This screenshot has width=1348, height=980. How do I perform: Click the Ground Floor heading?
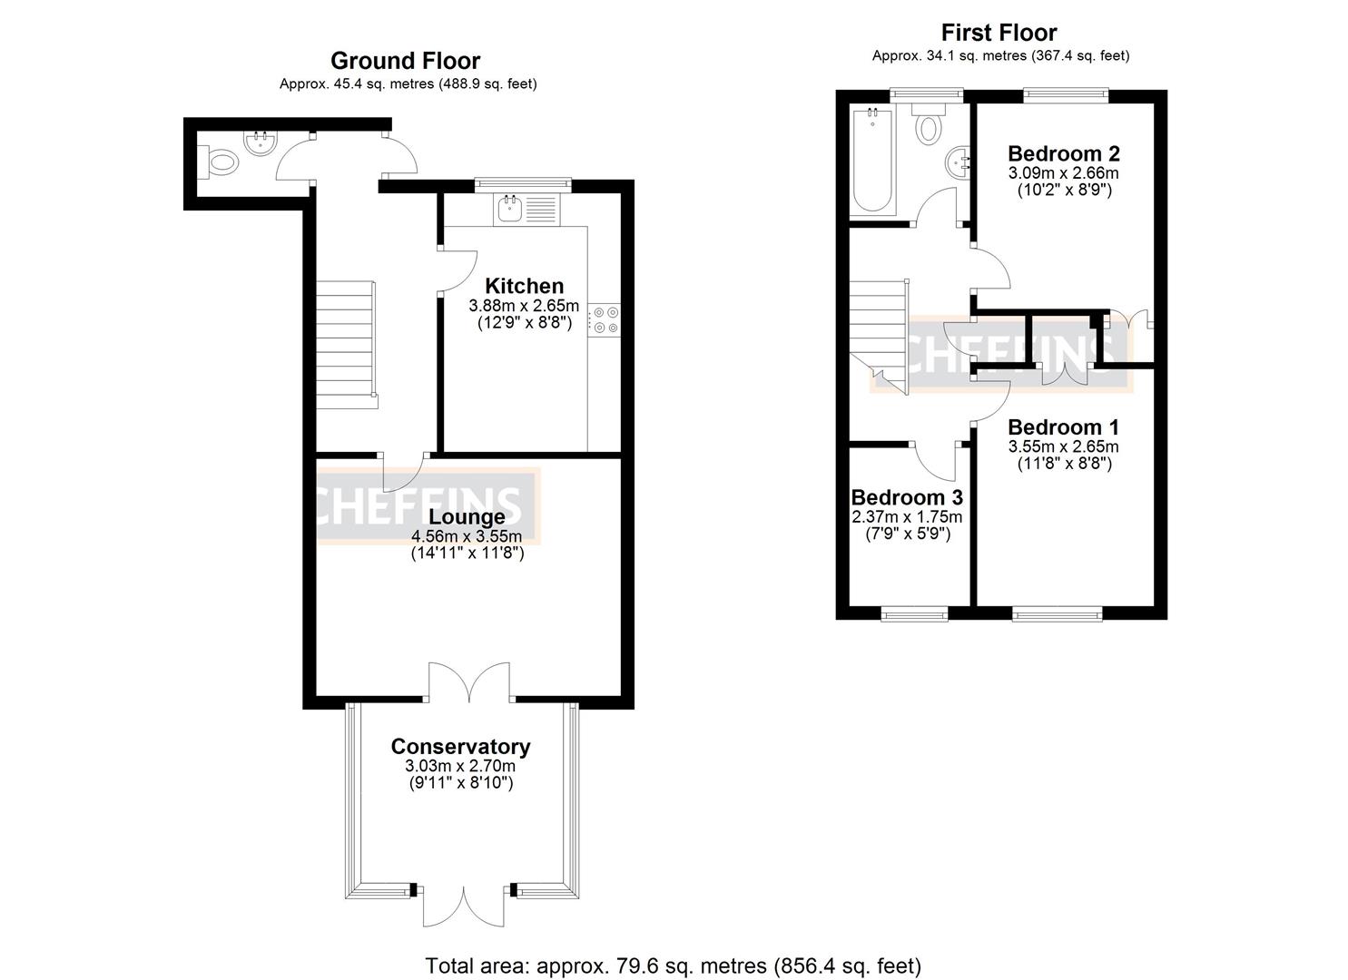pos(405,61)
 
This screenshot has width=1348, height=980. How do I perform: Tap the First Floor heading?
pos(999,33)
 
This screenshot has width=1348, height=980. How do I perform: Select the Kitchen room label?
pos(524,286)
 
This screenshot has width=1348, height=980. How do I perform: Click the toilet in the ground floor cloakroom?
pos(221,163)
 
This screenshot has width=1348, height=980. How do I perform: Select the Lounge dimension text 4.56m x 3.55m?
pos(467,535)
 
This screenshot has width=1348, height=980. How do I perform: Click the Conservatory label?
pos(460,746)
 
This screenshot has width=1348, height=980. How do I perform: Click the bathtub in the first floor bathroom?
pos(872,160)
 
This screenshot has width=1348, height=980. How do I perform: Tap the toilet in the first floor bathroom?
pos(928,125)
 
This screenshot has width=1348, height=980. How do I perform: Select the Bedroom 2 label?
pos(1063,152)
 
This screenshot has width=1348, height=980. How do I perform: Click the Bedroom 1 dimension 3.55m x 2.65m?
pos(1063,446)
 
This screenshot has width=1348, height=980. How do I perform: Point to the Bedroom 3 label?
pos(906,497)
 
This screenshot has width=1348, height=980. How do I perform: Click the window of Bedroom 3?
pos(914,614)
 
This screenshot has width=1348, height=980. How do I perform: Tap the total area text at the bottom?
pos(674,965)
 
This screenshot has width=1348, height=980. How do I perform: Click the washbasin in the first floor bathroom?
pos(959,164)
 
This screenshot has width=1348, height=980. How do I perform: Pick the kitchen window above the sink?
pos(524,184)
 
